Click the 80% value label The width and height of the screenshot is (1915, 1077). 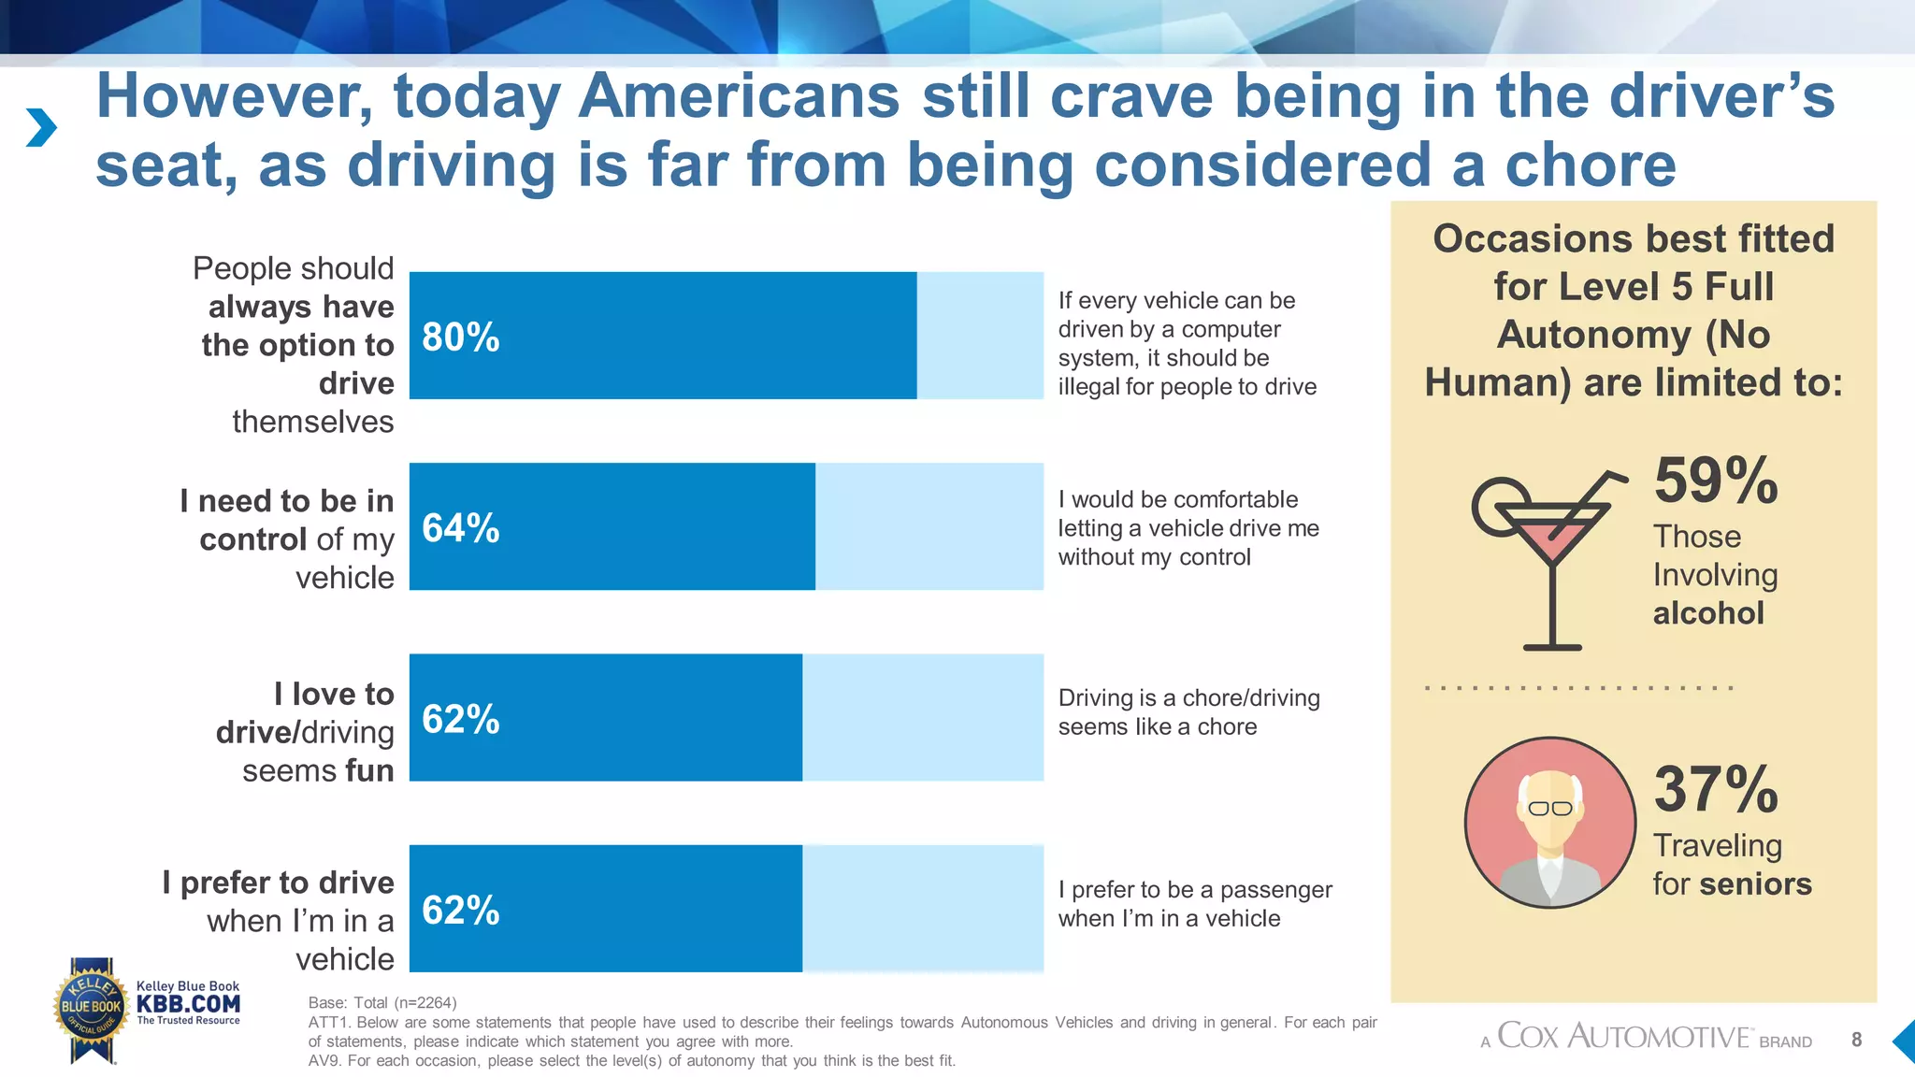[460, 337]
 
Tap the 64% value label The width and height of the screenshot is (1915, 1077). [460, 528]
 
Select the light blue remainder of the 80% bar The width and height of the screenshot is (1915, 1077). [979, 336]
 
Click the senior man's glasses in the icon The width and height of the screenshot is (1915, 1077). [1549, 809]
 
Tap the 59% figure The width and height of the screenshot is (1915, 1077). [1715, 481]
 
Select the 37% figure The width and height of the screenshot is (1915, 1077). [1715, 790]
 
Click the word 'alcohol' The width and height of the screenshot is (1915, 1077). [1707, 613]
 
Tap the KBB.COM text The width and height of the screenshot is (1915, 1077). [188, 1004]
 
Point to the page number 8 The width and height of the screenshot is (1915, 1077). [1856, 1040]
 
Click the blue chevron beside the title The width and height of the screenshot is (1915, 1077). [41, 128]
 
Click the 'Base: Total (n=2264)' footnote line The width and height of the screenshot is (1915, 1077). [382, 1003]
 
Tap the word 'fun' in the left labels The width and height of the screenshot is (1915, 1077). [369, 770]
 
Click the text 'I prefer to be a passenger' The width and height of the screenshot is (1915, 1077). [1194, 889]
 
